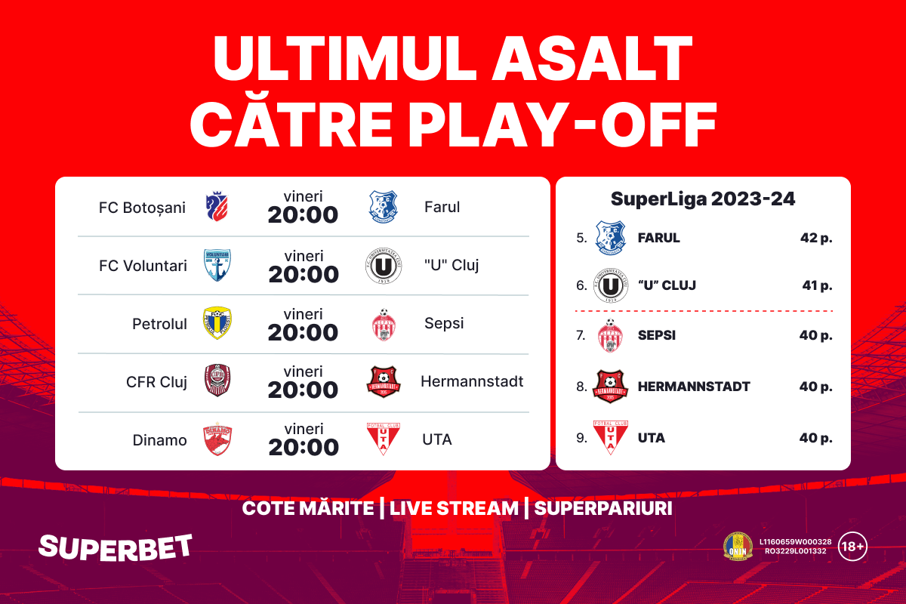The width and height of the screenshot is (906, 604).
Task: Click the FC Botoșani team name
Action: tap(142, 208)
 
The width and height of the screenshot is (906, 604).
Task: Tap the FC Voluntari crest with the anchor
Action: tap(217, 265)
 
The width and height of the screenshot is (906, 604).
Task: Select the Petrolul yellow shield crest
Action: tap(217, 323)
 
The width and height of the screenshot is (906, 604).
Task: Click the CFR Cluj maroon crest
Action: tap(217, 380)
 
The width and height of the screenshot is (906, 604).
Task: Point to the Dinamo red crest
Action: tap(217, 439)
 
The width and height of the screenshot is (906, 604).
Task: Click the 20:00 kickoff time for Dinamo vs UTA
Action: tap(304, 448)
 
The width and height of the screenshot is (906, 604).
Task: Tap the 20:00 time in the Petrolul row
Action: tap(303, 332)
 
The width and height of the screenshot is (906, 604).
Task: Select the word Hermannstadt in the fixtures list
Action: tap(472, 381)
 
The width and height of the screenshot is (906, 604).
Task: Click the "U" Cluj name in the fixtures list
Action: tap(451, 266)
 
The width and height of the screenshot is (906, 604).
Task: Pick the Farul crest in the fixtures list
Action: tap(384, 207)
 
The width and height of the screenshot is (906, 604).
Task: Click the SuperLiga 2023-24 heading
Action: tap(703, 199)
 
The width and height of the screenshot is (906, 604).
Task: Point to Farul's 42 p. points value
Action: tap(816, 238)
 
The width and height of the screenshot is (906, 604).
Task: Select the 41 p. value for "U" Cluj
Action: tap(818, 285)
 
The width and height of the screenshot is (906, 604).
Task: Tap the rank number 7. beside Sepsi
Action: tap(581, 335)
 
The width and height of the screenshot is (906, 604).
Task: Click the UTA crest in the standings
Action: tap(610, 437)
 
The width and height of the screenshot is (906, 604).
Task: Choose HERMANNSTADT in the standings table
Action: tap(694, 387)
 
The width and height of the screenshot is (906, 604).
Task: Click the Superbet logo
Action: tap(116, 547)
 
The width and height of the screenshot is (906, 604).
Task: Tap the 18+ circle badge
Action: tap(852, 547)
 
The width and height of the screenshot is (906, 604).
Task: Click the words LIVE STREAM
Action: tap(454, 509)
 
